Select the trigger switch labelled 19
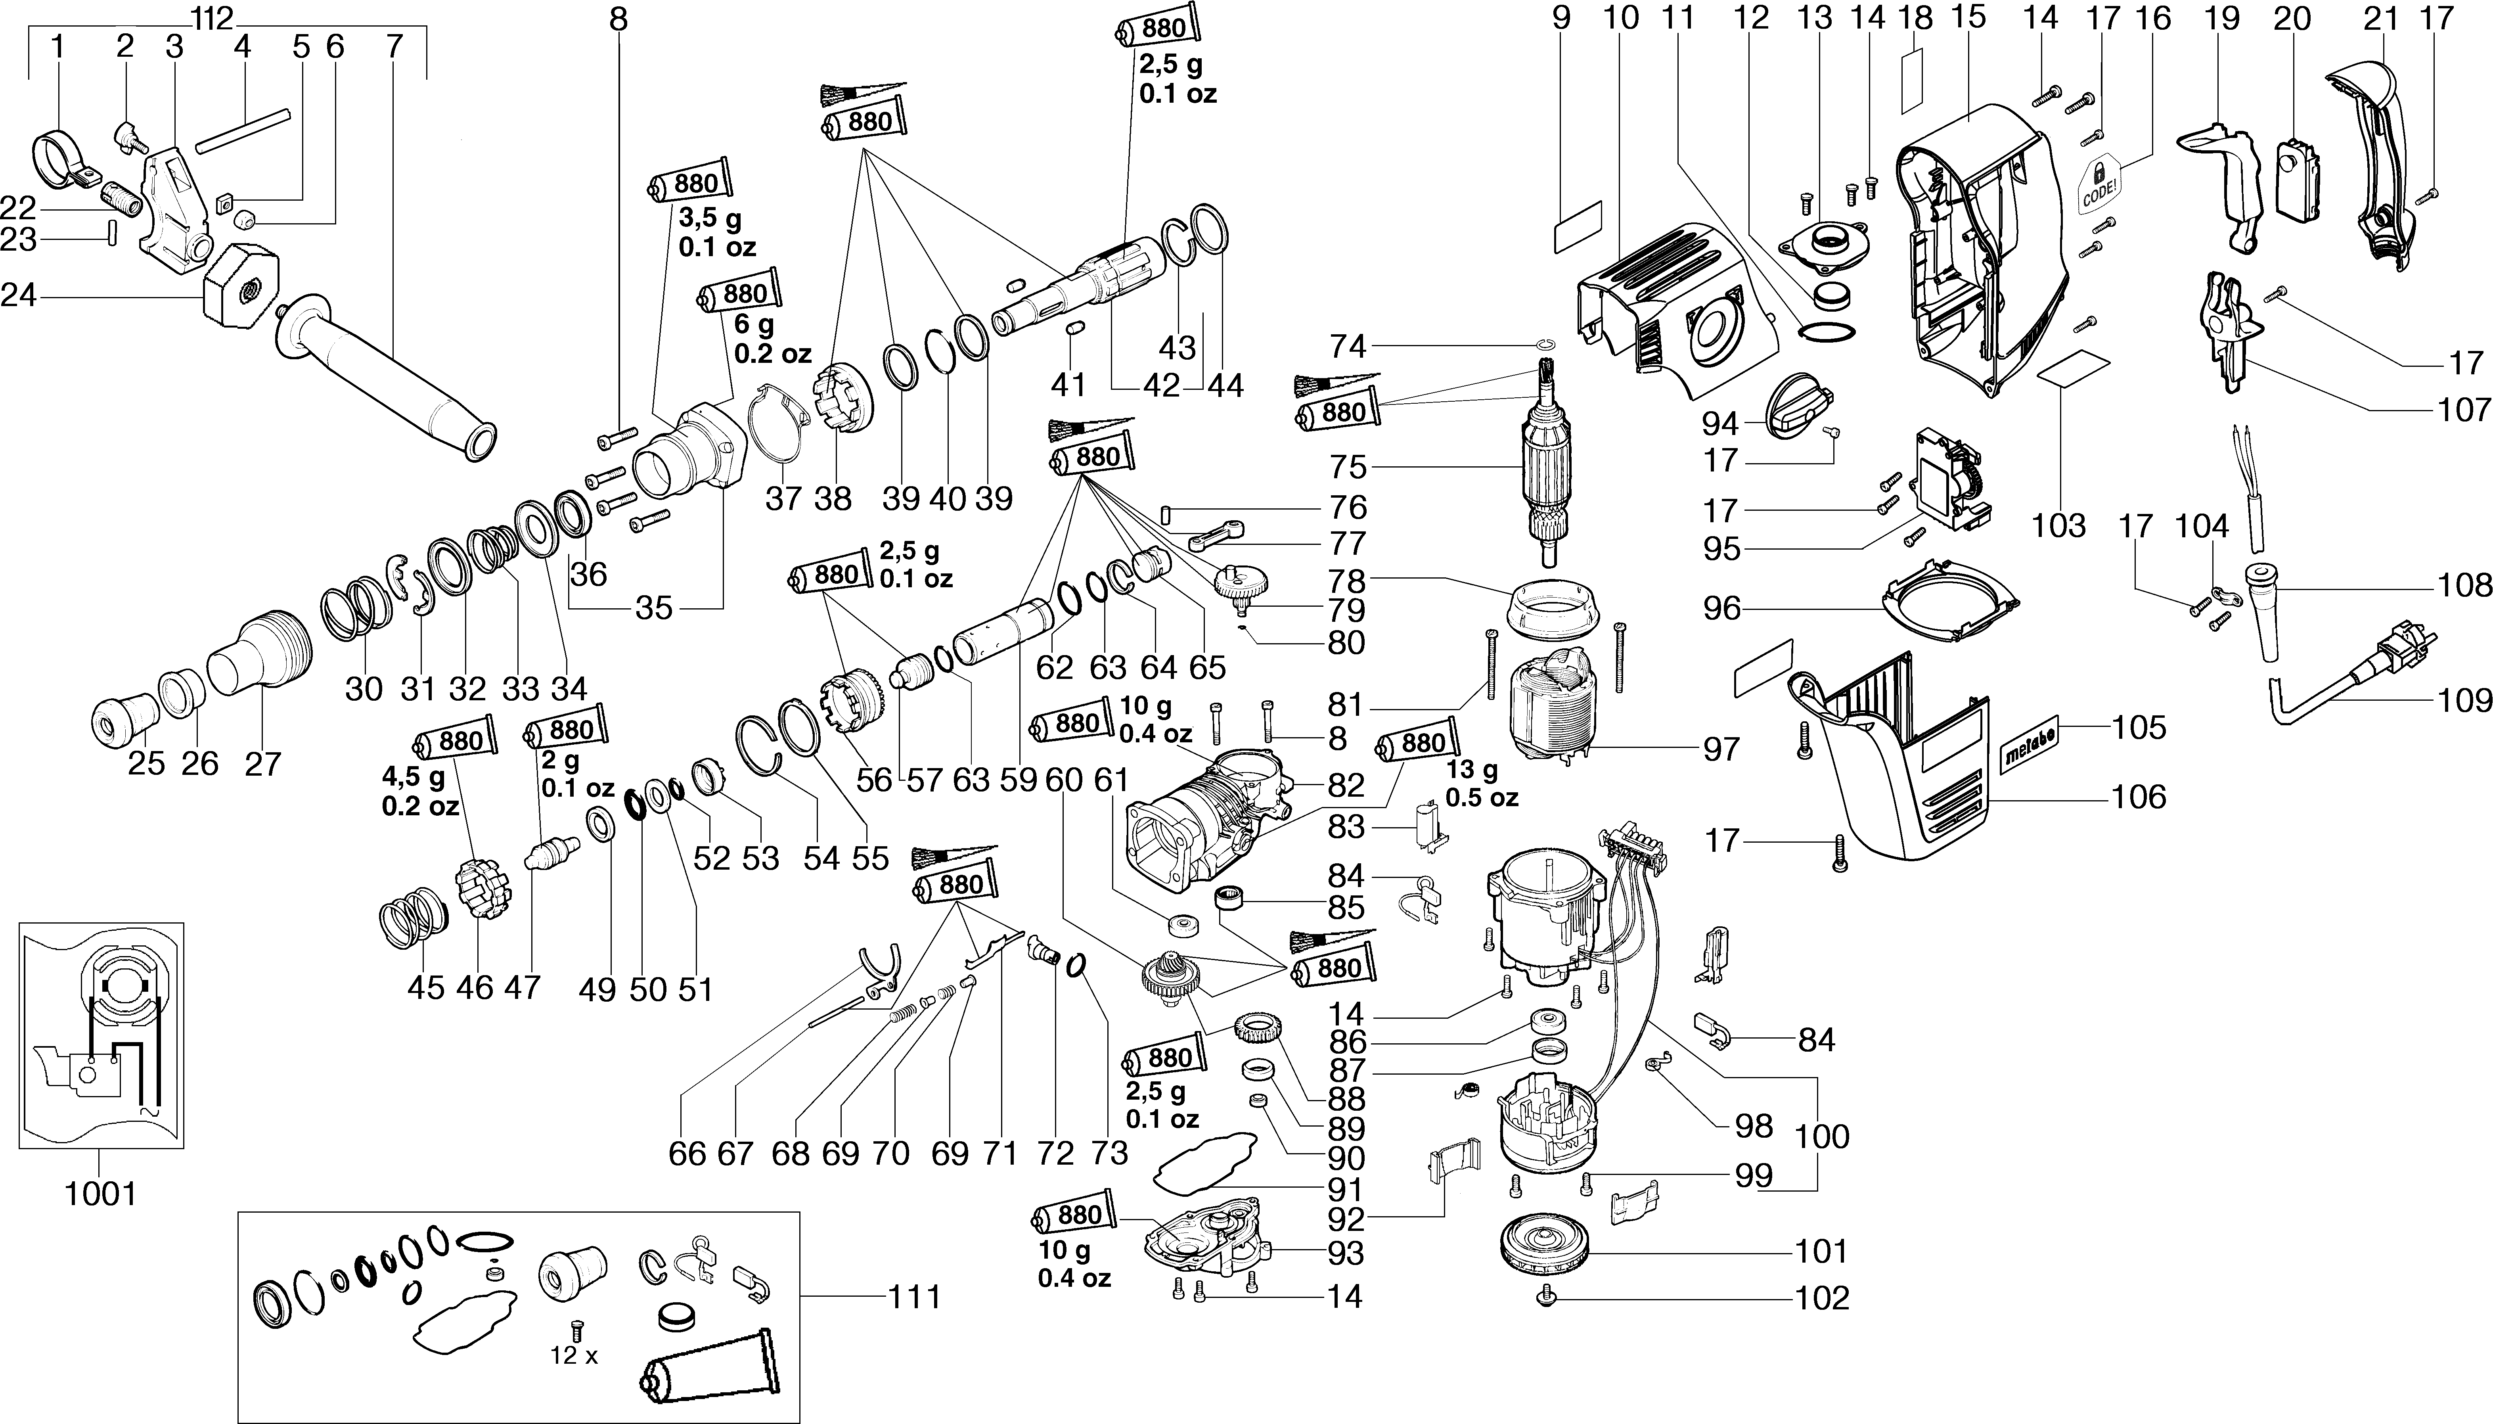point(2224,195)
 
